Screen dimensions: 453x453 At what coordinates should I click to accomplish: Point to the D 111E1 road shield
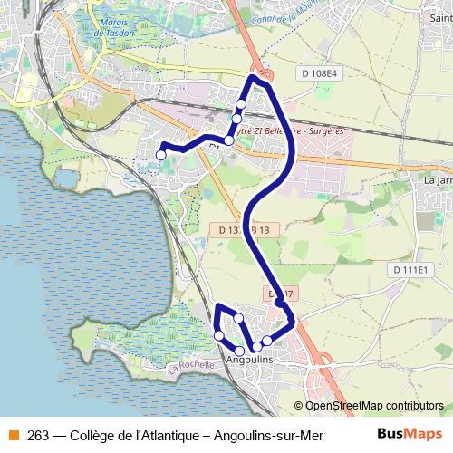pyautogui.click(x=410, y=270)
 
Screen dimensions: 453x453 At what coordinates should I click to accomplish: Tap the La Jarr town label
pyautogui.click(x=437, y=179)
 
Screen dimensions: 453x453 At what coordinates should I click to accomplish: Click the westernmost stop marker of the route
pyautogui.click(x=161, y=156)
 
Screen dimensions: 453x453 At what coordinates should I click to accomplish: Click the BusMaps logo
pyautogui.click(x=410, y=434)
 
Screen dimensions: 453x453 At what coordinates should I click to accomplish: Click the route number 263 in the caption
pyautogui.click(x=38, y=434)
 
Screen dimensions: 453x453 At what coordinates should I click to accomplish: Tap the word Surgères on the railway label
pyautogui.click(x=326, y=132)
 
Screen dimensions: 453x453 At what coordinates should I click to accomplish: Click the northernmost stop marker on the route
pyautogui.click(x=241, y=102)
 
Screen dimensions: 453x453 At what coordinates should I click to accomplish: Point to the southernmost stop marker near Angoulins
pyautogui.click(x=239, y=351)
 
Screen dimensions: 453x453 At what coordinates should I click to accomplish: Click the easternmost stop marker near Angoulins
pyautogui.click(x=267, y=341)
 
